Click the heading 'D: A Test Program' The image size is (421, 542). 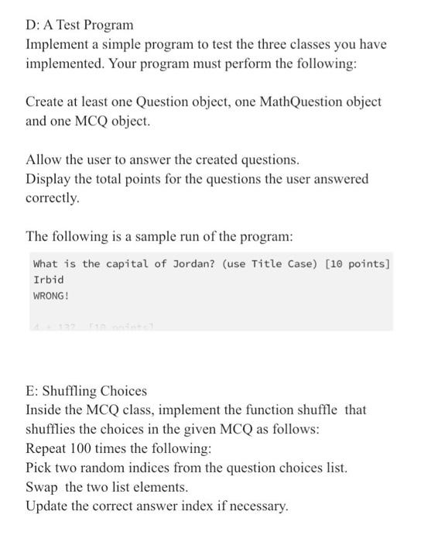pyautogui.click(x=80, y=26)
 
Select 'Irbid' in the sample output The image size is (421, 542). pyautogui.click(x=49, y=280)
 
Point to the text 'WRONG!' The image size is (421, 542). pyautogui.click(x=51, y=296)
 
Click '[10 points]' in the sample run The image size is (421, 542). pyautogui.click(x=358, y=263)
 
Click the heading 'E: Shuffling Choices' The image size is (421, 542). pyautogui.click(x=86, y=391)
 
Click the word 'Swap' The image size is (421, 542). pyautogui.click(x=43, y=488)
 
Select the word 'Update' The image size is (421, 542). pyautogui.click(x=47, y=507)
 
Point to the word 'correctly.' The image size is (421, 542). pyautogui.click(x=53, y=198)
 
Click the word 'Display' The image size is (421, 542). pyautogui.click(x=49, y=180)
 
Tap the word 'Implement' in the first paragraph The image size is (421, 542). pyautogui.click(x=59, y=45)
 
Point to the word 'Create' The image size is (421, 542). pyautogui.click(x=46, y=102)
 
